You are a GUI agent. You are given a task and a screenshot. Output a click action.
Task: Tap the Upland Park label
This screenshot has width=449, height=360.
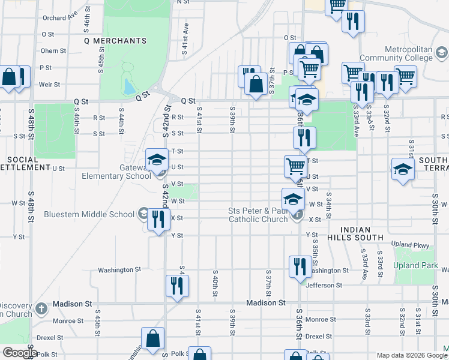pos(414,265)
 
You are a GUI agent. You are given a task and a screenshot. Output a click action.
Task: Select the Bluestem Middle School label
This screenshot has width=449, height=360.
pos(89,214)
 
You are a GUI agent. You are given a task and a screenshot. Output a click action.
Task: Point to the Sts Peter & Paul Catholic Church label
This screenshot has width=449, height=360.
pos(258,215)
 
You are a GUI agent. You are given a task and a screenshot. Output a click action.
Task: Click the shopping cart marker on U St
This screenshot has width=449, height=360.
pos(295,166)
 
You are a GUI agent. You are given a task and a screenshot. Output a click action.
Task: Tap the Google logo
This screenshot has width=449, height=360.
pos(20,353)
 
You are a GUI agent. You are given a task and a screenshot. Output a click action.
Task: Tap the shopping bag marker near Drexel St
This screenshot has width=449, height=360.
pos(152,338)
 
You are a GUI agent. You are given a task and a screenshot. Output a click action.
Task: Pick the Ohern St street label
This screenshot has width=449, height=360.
pos(53,51)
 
